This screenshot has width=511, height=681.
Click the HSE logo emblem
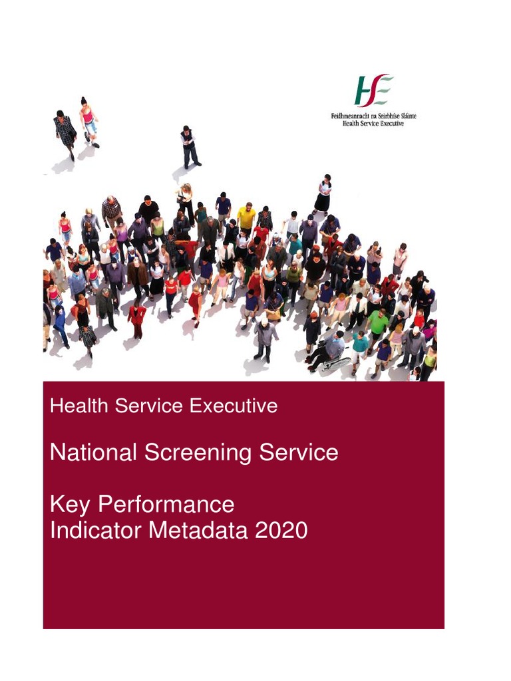pos(373,90)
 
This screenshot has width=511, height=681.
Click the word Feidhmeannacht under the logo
pos(351,116)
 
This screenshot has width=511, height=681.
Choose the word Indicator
pos(94,531)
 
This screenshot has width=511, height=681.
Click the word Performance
pos(166,504)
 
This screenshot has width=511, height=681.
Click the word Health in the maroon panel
pos(79,406)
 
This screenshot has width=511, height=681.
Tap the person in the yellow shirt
pos(246,217)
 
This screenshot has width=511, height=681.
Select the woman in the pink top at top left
pos(88,122)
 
